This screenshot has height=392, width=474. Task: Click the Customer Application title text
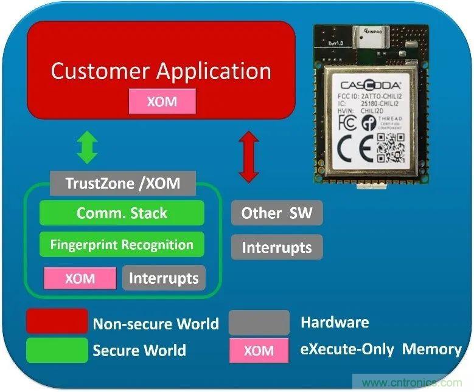tap(161, 71)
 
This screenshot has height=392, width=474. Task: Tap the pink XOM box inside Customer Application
tap(162, 101)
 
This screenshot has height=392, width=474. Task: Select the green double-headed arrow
tap(88, 148)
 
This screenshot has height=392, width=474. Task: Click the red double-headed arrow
tap(248, 157)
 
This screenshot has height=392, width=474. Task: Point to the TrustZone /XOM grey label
tap(122, 183)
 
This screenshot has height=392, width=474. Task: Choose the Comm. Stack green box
tap(122, 213)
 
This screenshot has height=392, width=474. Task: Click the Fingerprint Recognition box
tap(122, 245)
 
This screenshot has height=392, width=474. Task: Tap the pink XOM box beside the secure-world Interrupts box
tap(80, 278)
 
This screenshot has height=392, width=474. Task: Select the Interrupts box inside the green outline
tap(164, 278)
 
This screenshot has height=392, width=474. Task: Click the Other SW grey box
tap(277, 213)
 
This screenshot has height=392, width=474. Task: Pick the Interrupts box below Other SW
tap(277, 247)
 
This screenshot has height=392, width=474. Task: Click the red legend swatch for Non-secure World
tap(57, 322)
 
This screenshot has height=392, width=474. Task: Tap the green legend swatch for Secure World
tap(57, 350)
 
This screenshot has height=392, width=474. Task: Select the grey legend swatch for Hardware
tap(259, 322)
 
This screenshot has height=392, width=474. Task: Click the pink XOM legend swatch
tap(259, 351)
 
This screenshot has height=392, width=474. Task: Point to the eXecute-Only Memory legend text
tap(381, 349)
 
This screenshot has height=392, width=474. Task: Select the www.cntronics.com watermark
tap(411, 383)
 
